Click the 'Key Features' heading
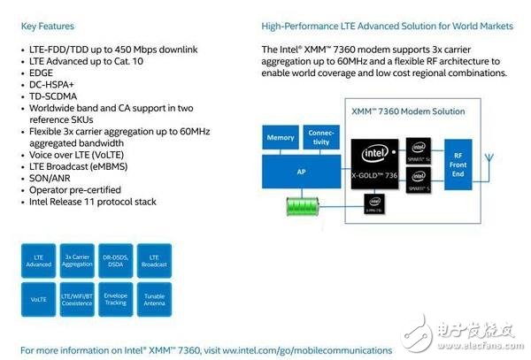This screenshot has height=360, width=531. pos(48,27)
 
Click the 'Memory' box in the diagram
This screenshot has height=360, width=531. pos(281,137)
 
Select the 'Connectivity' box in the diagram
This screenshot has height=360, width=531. pos(321,137)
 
